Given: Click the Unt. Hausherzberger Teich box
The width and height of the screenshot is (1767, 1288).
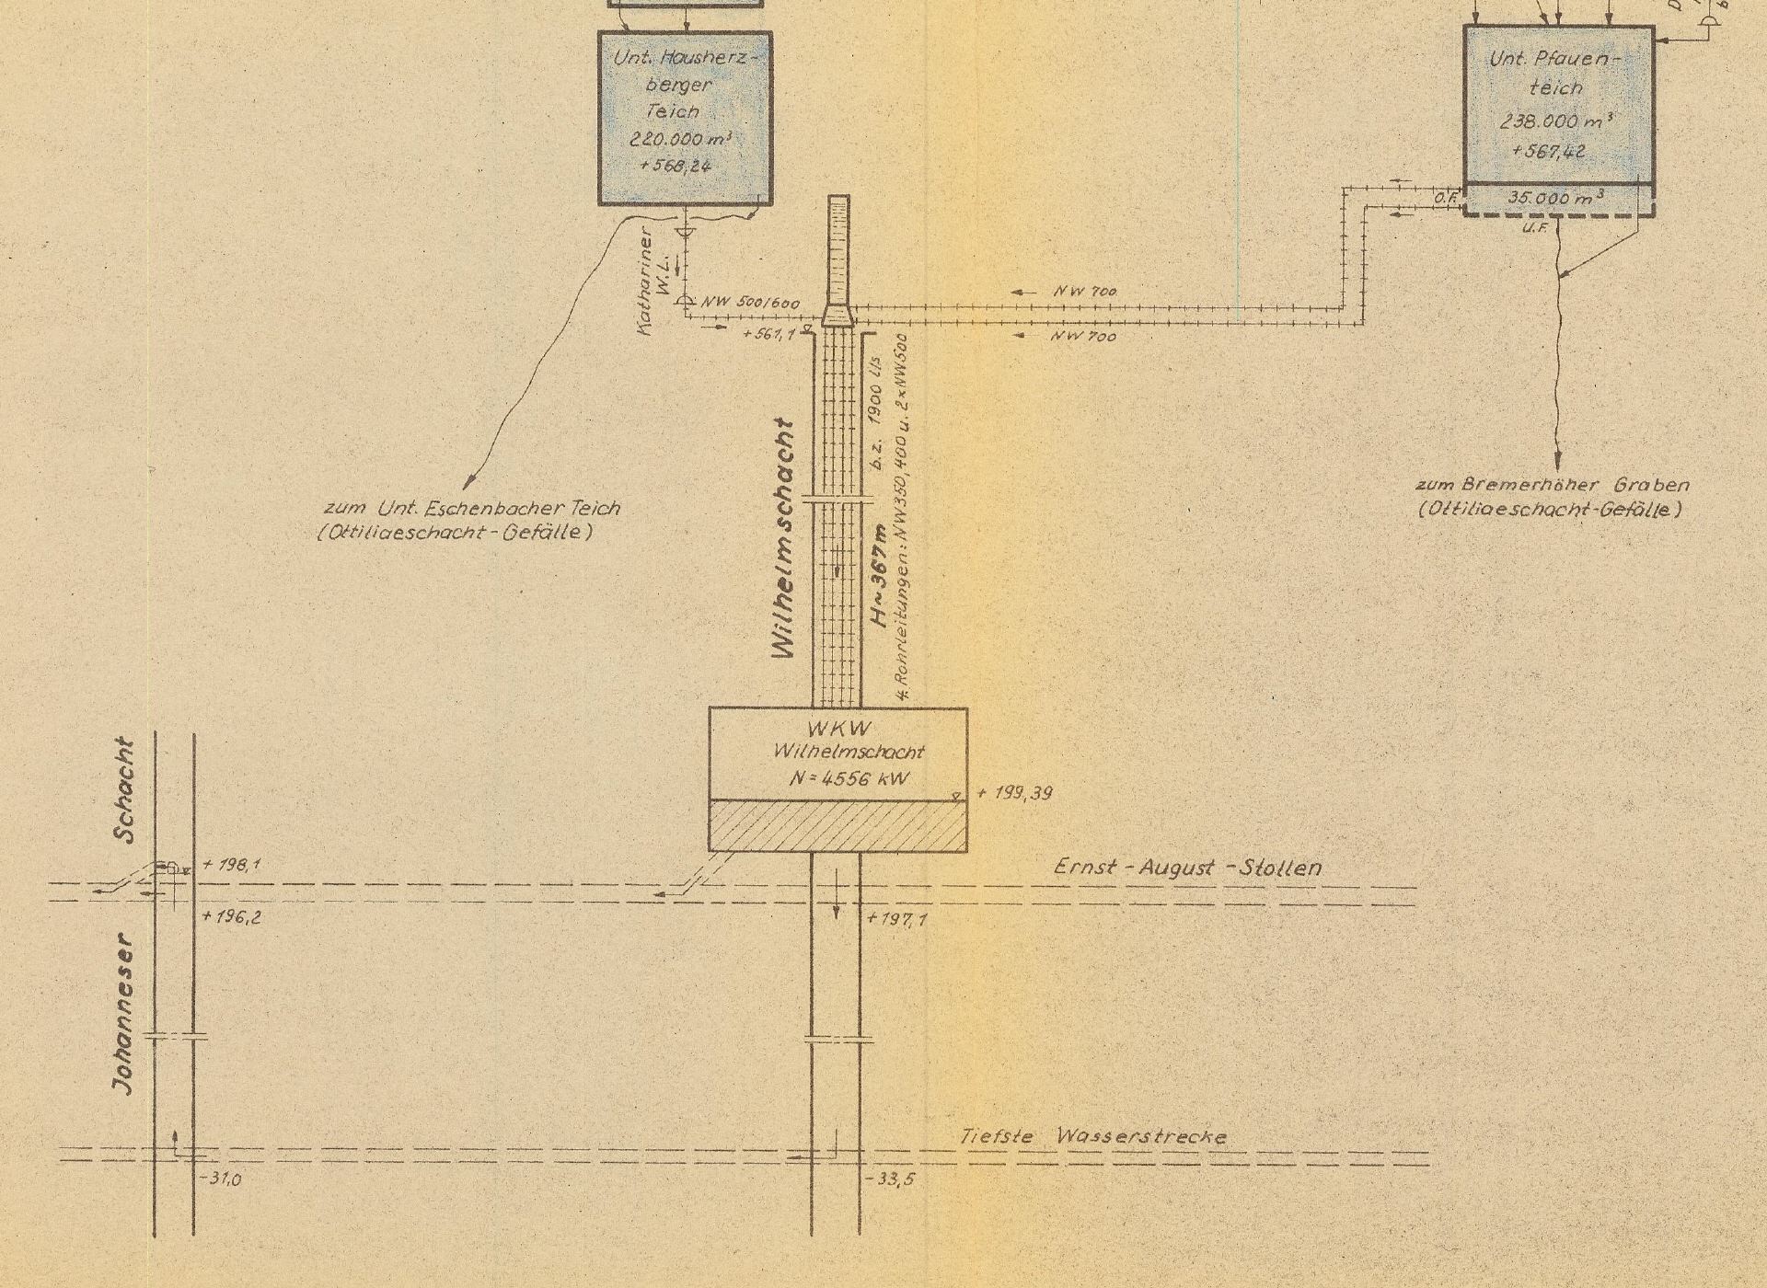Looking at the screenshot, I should tap(685, 117).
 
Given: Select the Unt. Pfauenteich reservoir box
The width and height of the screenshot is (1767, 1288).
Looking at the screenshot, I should tap(1558, 106).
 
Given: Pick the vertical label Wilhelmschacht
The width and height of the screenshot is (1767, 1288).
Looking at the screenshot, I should tap(783, 539).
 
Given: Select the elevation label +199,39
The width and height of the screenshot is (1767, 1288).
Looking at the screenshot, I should tap(1015, 793).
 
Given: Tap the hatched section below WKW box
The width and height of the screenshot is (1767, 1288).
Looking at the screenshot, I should tap(837, 826).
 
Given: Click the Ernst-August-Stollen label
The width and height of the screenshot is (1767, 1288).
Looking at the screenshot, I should tap(1187, 867).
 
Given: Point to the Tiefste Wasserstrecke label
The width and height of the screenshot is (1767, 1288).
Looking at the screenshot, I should tap(1093, 1136).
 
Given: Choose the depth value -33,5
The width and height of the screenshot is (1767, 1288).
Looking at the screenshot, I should tap(892, 1179).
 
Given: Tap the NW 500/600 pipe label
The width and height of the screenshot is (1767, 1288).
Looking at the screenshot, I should tap(750, 303).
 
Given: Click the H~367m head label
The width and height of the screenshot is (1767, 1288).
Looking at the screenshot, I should tap(880, 575).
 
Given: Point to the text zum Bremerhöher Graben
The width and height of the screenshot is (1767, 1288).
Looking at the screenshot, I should tap(1552, 485).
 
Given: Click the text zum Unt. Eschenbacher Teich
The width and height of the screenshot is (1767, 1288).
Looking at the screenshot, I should tap(472, 508).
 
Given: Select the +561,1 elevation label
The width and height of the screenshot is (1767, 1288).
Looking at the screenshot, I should tap(768, 335).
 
